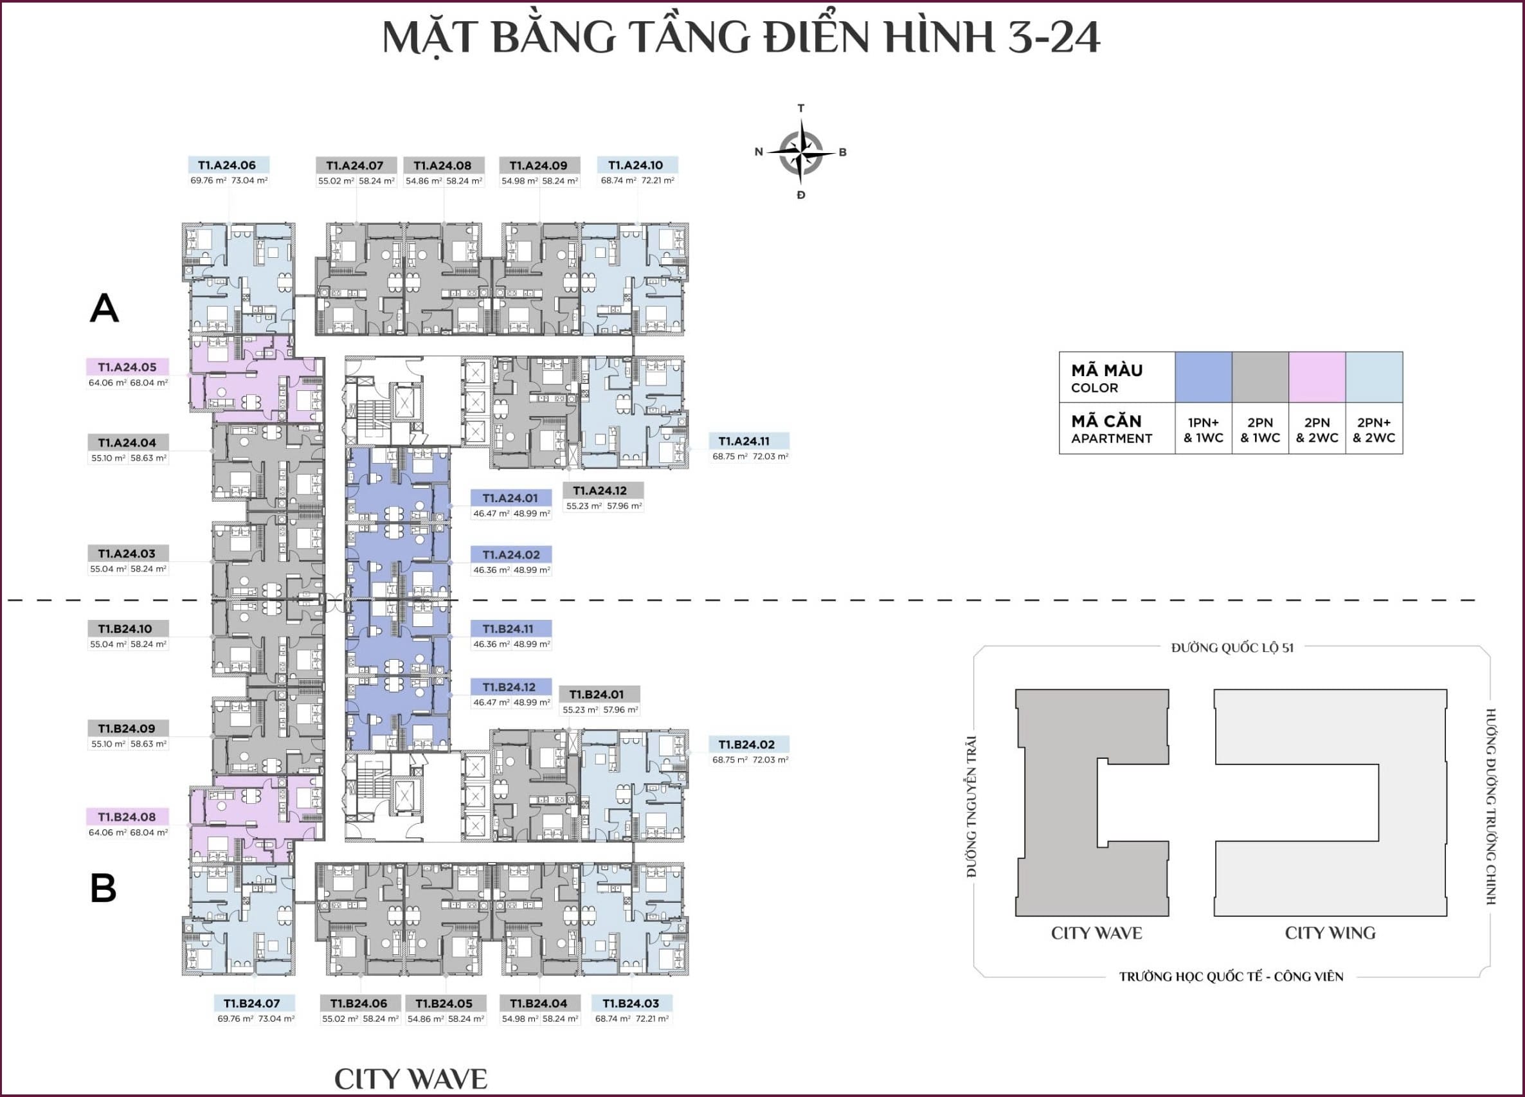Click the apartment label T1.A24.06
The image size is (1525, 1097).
point(227,165)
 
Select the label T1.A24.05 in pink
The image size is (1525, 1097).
point(127,367)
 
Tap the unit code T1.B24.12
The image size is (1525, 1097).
point(509,687)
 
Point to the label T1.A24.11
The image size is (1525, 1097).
point(744,441)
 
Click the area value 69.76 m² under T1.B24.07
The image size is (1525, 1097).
point(235,1019)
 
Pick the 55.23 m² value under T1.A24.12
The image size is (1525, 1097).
point(584,506)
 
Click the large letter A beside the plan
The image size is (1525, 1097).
point(104,308)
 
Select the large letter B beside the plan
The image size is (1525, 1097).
point(104,888)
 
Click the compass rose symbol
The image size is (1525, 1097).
point(800,151)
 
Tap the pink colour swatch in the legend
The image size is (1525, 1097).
point(1317,377)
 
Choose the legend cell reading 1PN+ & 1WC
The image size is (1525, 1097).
point(1203,430)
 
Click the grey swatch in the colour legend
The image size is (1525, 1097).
point(1260,377)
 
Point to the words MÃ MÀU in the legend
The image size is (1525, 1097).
point(1106,370)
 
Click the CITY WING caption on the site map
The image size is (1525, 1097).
point(1330,933)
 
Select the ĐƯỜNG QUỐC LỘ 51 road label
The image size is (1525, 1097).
point(1232,648)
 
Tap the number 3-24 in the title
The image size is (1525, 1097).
point(1053,37)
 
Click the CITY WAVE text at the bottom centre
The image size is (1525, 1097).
point(411,1079)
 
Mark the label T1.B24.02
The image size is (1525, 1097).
point(746,745)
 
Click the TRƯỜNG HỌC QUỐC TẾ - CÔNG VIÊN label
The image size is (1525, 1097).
point(1231,977)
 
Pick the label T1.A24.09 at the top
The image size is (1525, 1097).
point(538,165)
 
